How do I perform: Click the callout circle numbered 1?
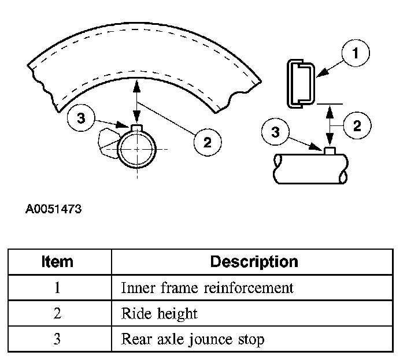click(355, 54)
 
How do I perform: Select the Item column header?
click(57, 261)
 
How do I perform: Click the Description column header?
click(254, 261)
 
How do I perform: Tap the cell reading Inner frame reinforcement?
click(207, 287)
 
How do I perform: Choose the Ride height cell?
click(160, 313)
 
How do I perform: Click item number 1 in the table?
click(57, 287)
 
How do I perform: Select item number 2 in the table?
click(57, 313)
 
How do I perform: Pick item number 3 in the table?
click(57, 339)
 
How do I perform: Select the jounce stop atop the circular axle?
click(136, 128)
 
